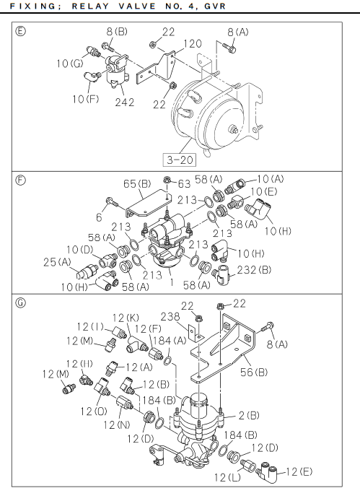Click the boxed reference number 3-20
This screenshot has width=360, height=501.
[x=180, y=160]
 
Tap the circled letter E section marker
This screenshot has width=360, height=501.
[x=21, y=31]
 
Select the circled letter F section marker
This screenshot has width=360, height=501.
[x=21, y=180]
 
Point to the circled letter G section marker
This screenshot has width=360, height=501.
[x=21, y=302]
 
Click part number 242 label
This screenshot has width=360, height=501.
[x=125, y=103]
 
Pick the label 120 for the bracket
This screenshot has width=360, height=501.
[x=193, y=43]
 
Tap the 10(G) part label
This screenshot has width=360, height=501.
[x=70, y=64]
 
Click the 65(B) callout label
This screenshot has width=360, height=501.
[x=137, y=184]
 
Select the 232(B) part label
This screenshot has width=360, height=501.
[x=254, y=270]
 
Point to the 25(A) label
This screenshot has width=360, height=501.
[x=57, y=262]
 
